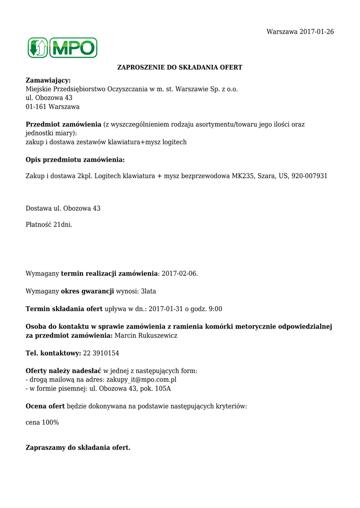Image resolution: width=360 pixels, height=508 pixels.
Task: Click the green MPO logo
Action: pos(63,48)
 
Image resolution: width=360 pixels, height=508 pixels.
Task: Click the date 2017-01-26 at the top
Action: pos(317,32)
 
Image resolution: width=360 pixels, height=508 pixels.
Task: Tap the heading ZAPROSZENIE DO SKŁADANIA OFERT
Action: pos(180,67)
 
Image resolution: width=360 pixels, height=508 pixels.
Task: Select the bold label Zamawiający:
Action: pos(48,80)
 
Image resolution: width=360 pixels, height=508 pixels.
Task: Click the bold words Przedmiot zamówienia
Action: pos(63,125)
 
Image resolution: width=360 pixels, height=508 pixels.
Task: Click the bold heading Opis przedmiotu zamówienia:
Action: pos(75,160)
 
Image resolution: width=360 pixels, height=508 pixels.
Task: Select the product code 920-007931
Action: pos(309,176)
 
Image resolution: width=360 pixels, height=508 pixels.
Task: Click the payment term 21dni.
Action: pos(63,225)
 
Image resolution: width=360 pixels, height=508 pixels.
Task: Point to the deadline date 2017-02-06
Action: pos(180,273)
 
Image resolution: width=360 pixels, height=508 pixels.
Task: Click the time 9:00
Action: pos(216,309)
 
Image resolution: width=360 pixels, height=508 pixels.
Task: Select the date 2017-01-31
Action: pos(166,309)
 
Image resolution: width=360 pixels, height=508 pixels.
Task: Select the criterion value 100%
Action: pos(51,422)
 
